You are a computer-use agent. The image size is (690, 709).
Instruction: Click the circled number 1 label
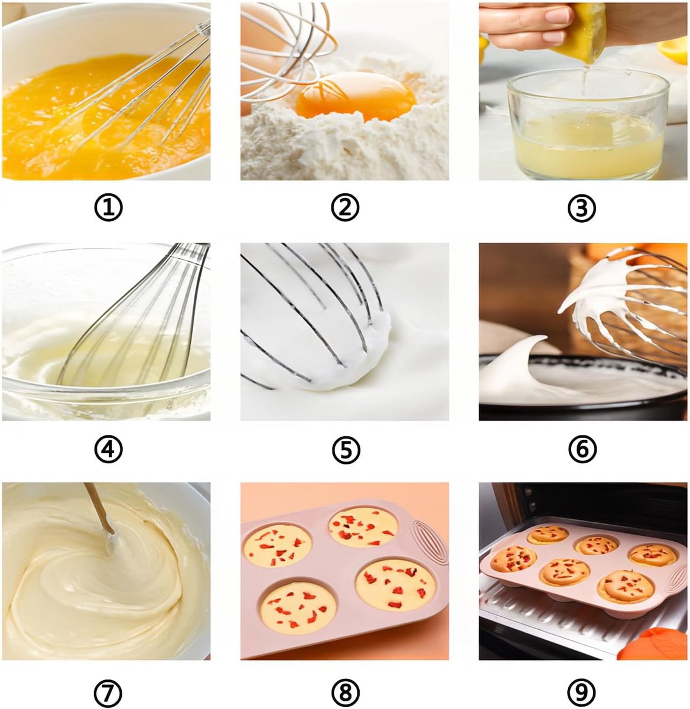pyautogui.click(x=108, y=207)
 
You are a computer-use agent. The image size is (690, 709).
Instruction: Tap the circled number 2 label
pyautogui.click(x=345, y=207)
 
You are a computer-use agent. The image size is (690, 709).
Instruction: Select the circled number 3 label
pyautogui.click(x=582, y=207)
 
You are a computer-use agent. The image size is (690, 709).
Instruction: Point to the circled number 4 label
pyautogui.click(x=108, y=449)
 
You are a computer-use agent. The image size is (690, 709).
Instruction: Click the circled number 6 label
pyautogui.click(x=582, y=449)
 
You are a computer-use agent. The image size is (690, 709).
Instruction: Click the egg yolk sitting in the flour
pyautogui.click(x=355, y=96)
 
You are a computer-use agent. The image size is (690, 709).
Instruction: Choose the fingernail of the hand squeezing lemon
pyautogui.click(x=556, y=15)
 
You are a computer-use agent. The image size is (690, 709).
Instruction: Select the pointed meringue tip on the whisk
pyautogui.click(x=568, y=306)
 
